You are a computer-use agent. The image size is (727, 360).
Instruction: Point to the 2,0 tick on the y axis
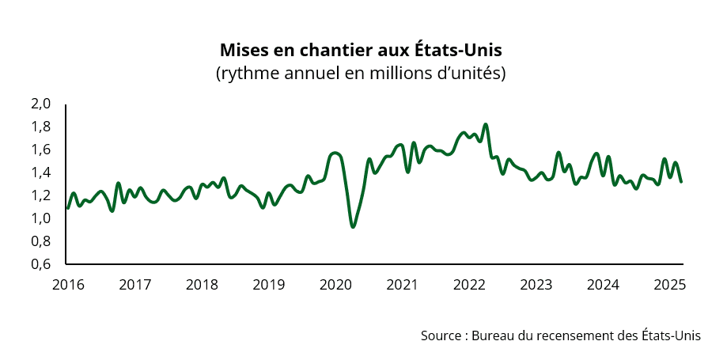pos(41,104)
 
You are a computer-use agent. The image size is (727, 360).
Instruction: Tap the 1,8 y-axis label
pos(41,127)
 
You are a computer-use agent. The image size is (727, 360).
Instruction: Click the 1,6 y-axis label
pos(41,150)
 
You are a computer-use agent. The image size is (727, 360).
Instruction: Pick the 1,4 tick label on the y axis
pos(41,172)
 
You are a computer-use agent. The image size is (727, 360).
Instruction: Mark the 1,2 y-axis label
pos(41,195)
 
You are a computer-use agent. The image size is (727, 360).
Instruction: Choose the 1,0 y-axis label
pos(41,218)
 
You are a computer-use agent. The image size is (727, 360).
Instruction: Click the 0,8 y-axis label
pos(41,241)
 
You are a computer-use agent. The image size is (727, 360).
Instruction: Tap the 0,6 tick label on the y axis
pos(41,264)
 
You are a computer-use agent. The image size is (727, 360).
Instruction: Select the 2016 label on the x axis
pos(67,284)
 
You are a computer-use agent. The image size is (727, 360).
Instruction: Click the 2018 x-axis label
pos(203,284)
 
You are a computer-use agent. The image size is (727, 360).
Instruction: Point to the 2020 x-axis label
pos(336,284)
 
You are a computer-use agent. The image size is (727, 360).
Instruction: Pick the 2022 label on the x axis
pos(470,284)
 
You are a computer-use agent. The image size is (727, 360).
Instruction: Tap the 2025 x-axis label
pos(668,284)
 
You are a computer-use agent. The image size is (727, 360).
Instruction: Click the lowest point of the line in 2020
pos(353,227)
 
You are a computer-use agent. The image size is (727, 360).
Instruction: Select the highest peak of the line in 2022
pos(486,124)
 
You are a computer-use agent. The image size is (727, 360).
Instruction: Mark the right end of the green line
pos(681,182)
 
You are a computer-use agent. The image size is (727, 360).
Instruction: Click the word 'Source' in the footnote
pos(442,335)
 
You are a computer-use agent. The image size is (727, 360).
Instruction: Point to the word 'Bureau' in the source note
pos(491,335)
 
